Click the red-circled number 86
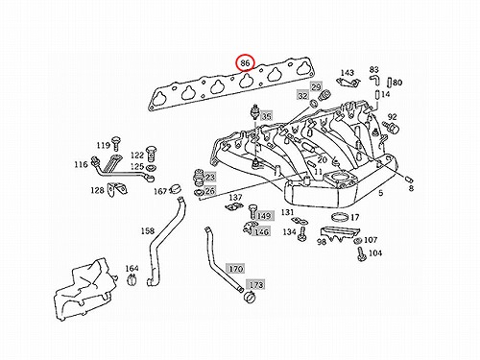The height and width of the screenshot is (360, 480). click(245, 63)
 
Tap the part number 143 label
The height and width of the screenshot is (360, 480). click(347, 73)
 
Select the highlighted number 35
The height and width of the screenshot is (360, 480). click(267, 116)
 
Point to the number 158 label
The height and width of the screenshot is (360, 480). click(148, 230)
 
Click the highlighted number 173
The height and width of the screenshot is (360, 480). click(256, 284)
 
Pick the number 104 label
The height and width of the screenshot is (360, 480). click(375, 253)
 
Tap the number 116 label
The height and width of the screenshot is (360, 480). click(81, 164)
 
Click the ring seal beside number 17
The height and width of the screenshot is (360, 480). click(340, 217)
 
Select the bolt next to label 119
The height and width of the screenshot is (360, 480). click(116, 143)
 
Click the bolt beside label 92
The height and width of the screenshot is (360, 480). click(392, 127)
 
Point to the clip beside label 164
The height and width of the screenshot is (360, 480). click(132, 279)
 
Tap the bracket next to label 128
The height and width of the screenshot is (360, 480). click(117, 189)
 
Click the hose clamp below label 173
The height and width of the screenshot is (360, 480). click(249, 297)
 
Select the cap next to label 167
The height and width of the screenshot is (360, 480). click(176, 189)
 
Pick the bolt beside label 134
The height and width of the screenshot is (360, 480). click(301, 233)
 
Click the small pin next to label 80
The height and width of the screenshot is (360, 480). click(390, 82)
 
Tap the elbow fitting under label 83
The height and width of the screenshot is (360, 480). click(374, 80)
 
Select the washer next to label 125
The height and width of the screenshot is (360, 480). click(150, 168)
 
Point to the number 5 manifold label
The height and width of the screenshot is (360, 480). click(380, 193)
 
